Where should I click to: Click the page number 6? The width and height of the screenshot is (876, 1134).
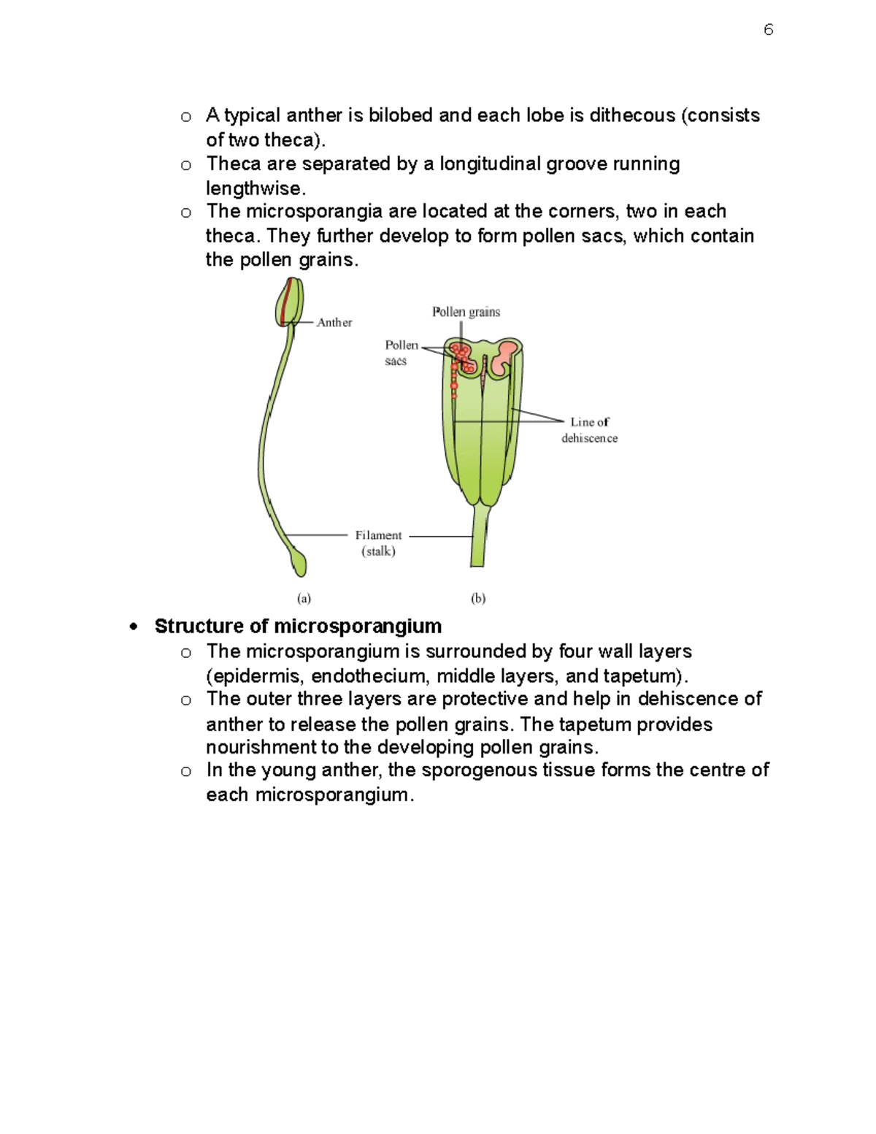coord(768,30)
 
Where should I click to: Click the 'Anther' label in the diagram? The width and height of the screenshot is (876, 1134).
coord(334,323)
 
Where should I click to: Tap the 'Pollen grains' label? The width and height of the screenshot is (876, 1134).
coord(466,312)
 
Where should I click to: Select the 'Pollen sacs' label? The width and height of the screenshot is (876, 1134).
coord(401,353)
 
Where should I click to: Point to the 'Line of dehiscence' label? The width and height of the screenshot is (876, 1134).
coord(589,430)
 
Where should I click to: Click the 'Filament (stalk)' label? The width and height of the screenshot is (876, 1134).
coord(378,543)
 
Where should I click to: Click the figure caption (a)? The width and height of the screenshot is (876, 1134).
coord(304,598)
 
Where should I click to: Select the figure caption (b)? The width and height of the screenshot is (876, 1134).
coord(478,598)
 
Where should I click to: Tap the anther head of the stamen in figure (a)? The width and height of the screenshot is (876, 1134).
coord(289,301)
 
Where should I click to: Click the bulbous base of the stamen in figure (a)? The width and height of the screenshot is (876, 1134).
coord(299,562)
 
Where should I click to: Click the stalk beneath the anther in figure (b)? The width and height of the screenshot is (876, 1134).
coord(478,537)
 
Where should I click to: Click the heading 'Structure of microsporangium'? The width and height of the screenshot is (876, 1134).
coord(298,627)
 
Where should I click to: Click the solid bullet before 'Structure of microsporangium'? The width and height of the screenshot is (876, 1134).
coord(133,627)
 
